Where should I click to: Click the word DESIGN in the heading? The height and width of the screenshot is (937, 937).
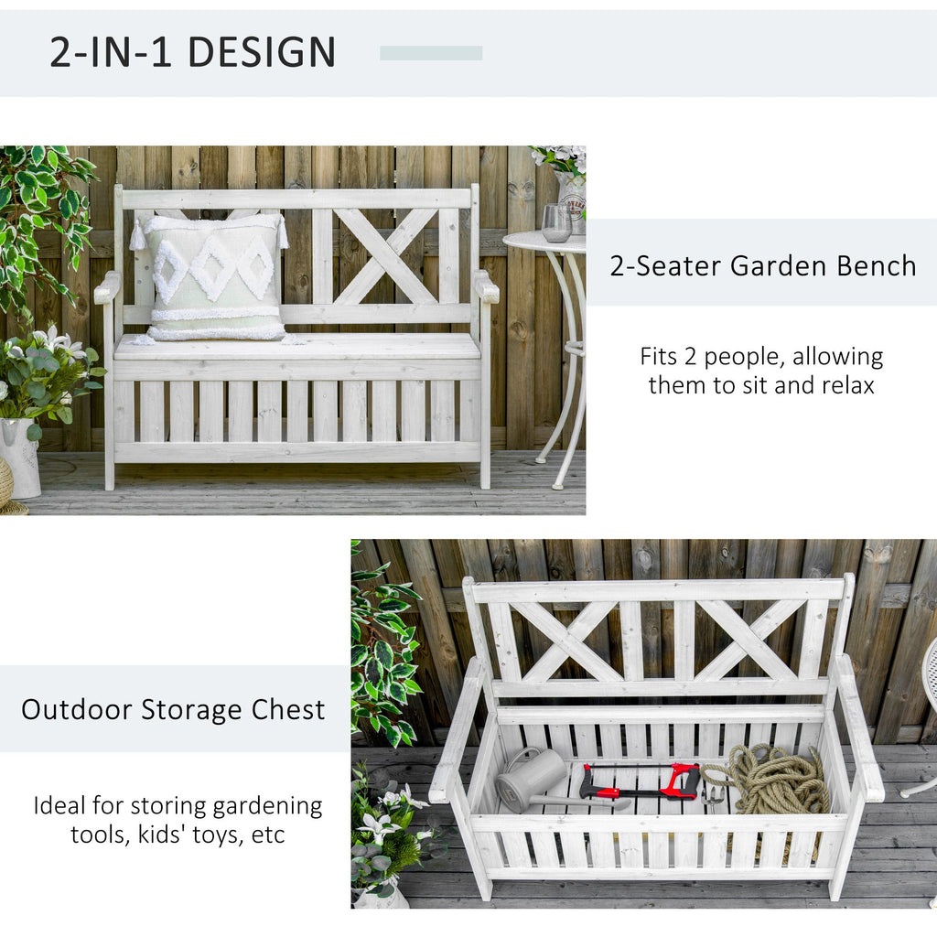[x=262, y=52]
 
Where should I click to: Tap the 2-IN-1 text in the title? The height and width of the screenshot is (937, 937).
[x=111, y=52]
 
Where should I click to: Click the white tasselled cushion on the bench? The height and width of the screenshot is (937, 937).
[x=210, y=278]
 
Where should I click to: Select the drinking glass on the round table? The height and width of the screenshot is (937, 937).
[x=556, y=223]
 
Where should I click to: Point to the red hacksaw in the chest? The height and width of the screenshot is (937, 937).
[x=641, y=782]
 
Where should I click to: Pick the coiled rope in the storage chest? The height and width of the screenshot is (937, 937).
[x=770, y=779]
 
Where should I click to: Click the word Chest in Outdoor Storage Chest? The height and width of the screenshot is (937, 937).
[x=288, y=710]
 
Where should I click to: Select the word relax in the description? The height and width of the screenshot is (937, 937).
[x=848, y=385]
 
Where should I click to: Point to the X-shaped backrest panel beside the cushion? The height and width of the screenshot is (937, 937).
[x=386, y=256]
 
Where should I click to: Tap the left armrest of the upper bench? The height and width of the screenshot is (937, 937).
[x=108, y=286]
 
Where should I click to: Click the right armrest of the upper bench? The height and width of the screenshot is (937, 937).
[x=487, y=286]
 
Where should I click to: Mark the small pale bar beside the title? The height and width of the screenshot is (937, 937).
[x=431, y=53]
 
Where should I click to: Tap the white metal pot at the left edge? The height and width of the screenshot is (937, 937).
[x=19, y=458]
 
